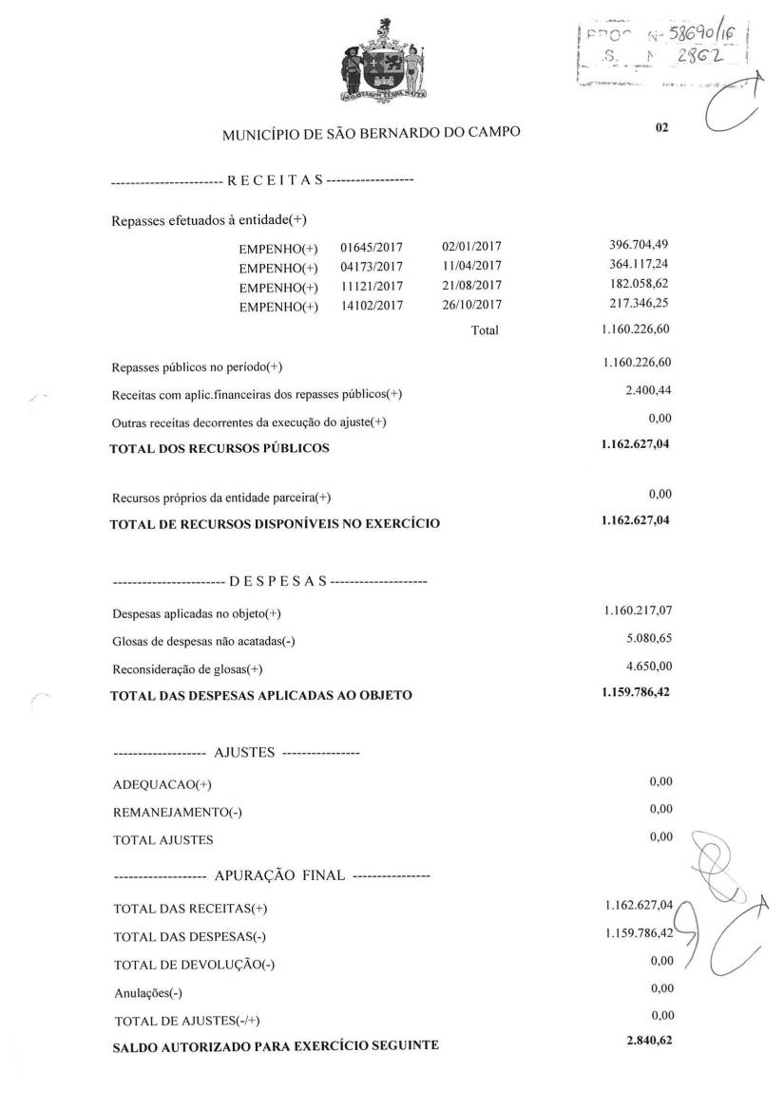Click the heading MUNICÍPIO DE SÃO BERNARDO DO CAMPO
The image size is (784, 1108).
[x=371, y=133]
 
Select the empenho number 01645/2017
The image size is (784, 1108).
[x=372, y=248]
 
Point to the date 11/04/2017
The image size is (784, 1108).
[x=472, y=267]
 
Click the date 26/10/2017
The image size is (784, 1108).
[x=472, y=305]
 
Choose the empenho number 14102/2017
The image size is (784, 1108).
[x=372, y=306]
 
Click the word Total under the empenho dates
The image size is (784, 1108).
[x=484, y=331]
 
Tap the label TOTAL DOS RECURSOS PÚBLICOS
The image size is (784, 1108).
[x=220, y=448]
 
